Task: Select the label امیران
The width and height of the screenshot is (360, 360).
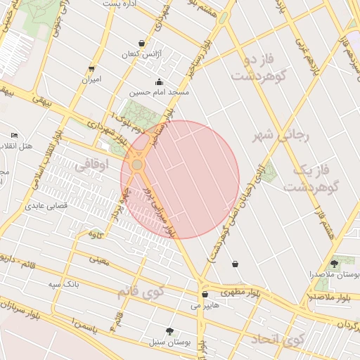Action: click(x=92, y=79)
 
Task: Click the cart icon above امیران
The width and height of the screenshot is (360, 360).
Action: click(x=92, y=69)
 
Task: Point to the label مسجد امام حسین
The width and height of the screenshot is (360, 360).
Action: click(x=160, y=92)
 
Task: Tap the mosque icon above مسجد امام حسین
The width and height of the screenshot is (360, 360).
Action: click(x=160, y=82)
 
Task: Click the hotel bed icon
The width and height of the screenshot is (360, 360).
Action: click(x=15, y=135)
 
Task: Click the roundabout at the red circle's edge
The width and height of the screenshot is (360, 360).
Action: click(x=137, y=165)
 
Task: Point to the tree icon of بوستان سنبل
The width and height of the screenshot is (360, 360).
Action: click(x=169, y=330)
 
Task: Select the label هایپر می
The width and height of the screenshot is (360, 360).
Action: click(x=205, y=306)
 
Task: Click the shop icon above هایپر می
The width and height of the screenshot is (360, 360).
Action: click(x=205, y=295)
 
